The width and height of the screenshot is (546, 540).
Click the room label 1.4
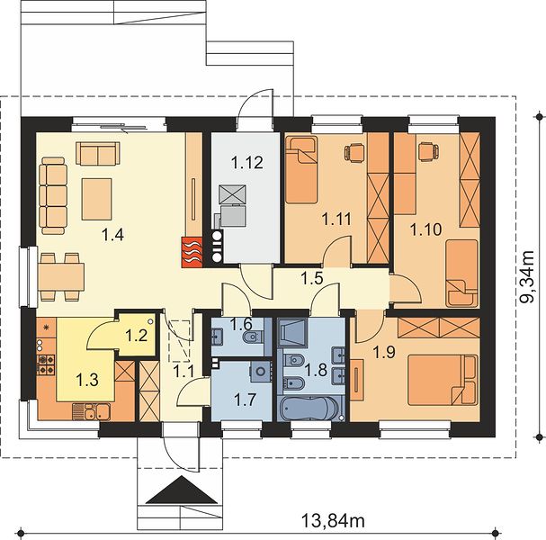tap(112, 235)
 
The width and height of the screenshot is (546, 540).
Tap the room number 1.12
tap(246, 162)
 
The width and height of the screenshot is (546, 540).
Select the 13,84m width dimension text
tap(333, 521)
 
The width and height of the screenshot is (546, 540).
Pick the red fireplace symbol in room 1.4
tap(192, 252)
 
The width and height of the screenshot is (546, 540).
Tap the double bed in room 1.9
tap(443, 380)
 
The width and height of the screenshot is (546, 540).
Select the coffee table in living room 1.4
tap(97, 199)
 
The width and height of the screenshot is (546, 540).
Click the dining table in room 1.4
tap(61, 277)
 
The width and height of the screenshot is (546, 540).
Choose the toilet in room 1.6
tap(253, 337)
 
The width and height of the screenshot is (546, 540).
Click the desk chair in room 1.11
tap(354, 153)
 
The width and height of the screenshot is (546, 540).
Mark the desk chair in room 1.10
tap(428, 151)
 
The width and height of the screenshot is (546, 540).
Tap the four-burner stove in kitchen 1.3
tap(46, 364)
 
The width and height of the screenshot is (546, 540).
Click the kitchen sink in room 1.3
tap(92, 411)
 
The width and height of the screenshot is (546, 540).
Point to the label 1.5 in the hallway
tap(312, 278)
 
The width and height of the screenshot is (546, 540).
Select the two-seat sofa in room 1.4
tap(98, 153)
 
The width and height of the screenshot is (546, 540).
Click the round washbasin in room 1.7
tap(261, 371)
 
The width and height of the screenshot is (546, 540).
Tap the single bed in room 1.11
tap(301, 170)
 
